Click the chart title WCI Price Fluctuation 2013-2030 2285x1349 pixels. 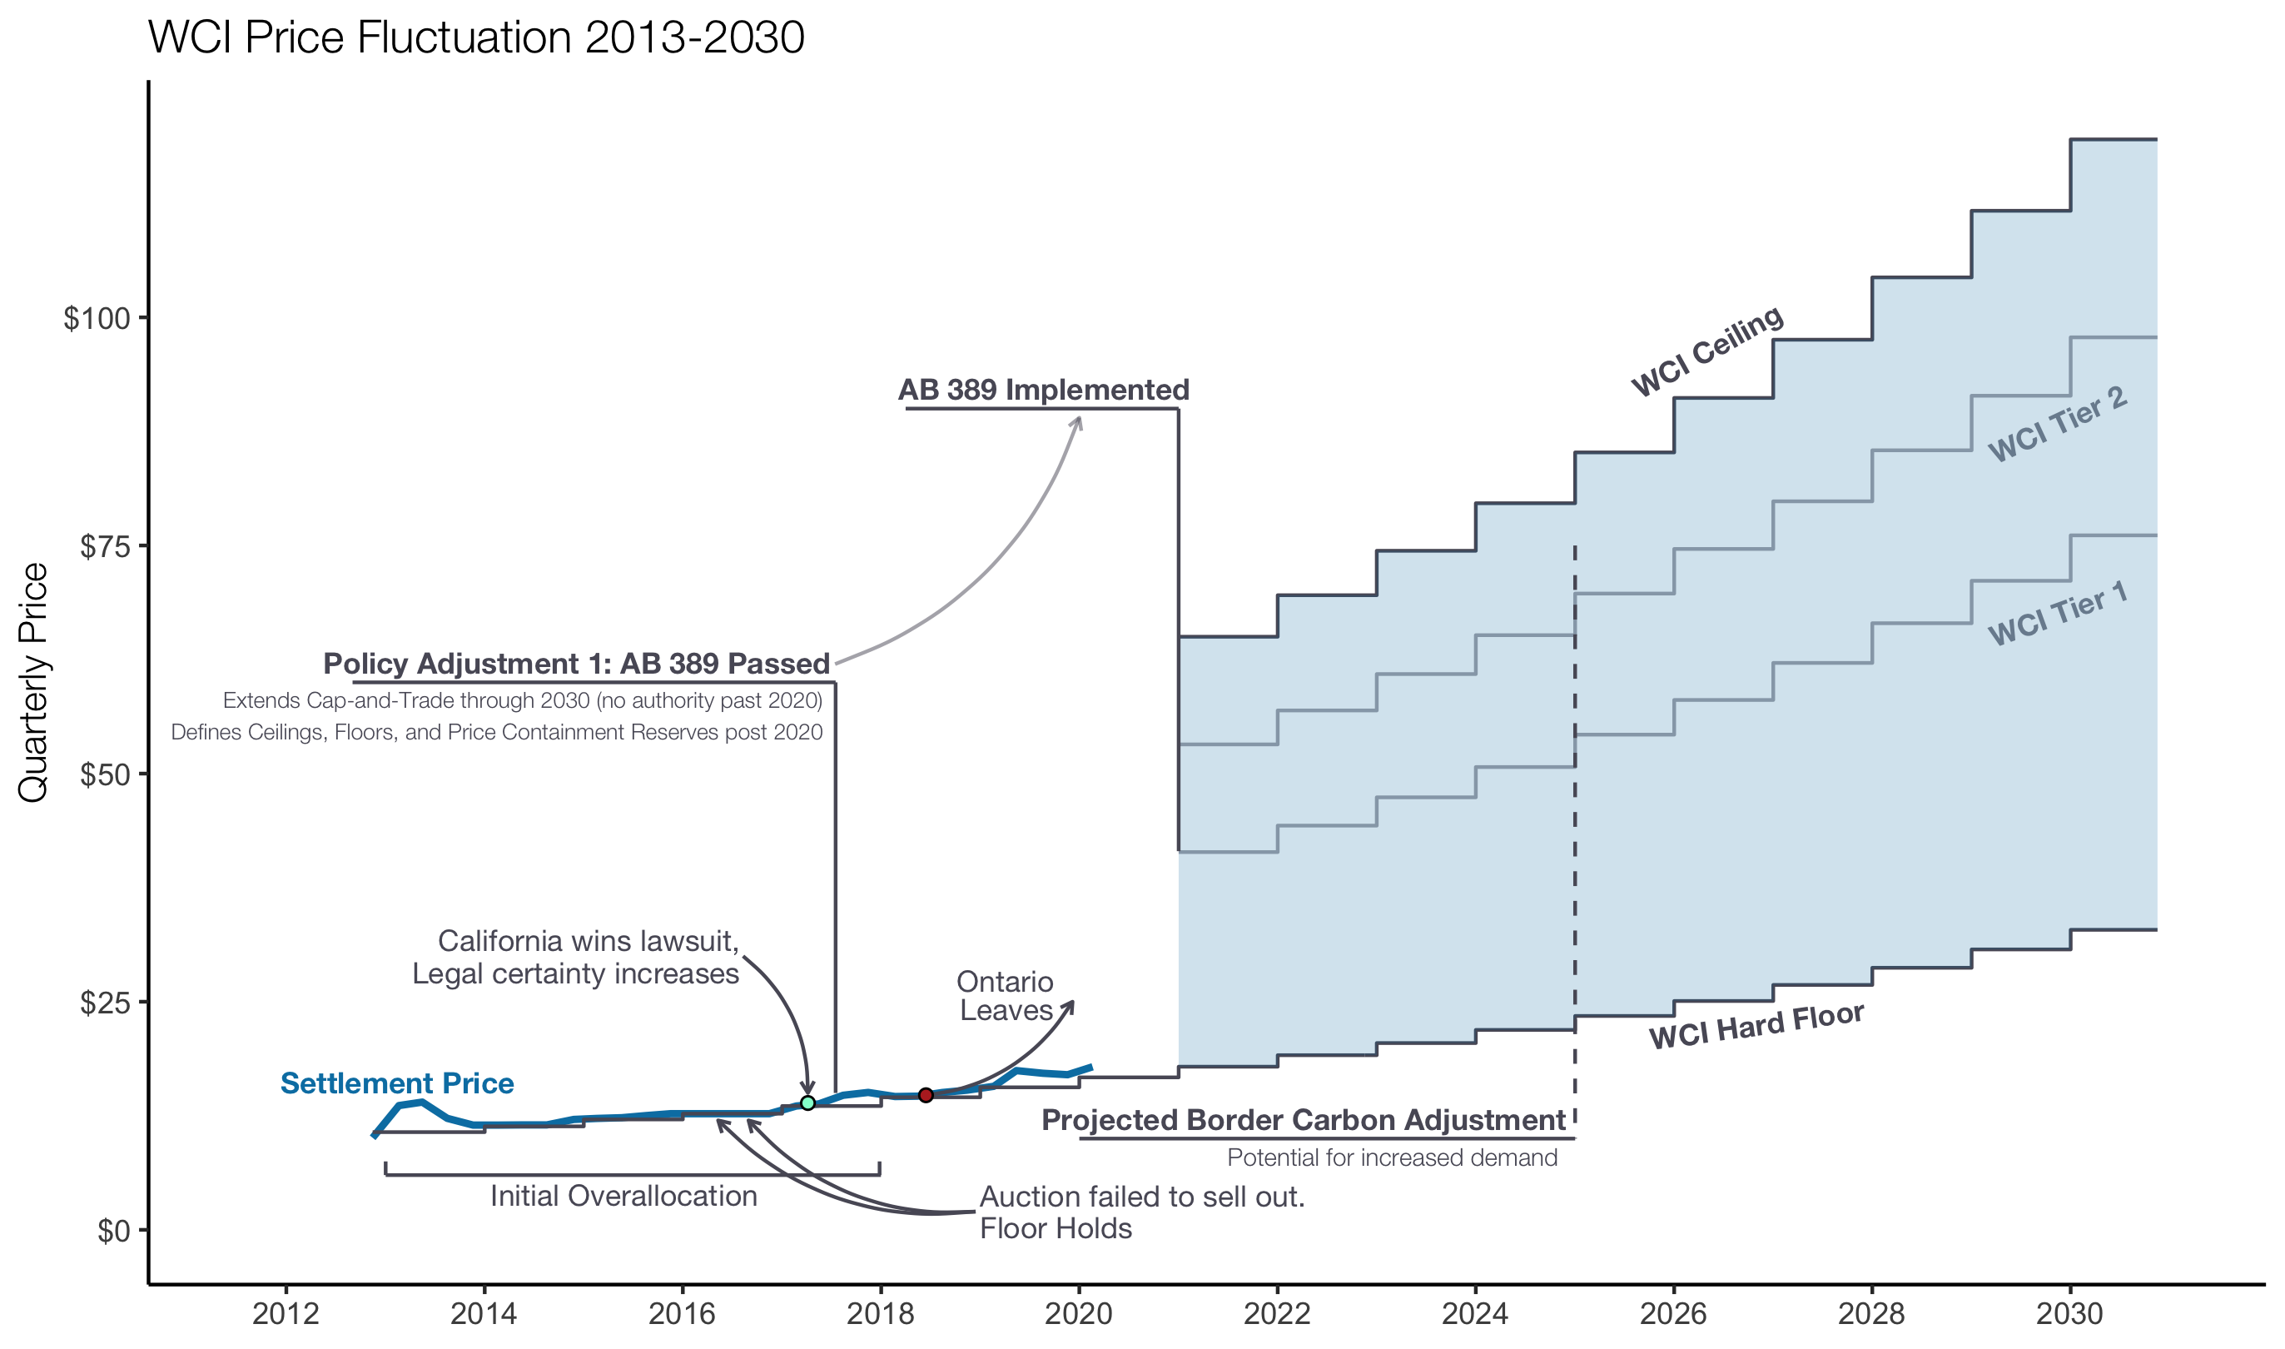pyautogui.click(x=476, y=38)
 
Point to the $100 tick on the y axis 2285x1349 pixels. pyautogui.click(x=97, y=319)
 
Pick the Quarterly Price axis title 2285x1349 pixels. pyautogui.click(x=33, y=683)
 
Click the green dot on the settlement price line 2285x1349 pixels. pyautogui.click(x=807, y=1103)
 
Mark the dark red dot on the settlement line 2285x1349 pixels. pyautogui.click(x=926, y=1095)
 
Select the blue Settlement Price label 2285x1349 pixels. pyautogui.click(x=397, y=1083)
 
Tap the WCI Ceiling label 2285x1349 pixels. pyautogui.click(x=1707, y=351)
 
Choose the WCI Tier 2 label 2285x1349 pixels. pyautogui.click(x=2057, y=425)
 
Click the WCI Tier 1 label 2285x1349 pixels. pyautogui.click(x=2057, y=614)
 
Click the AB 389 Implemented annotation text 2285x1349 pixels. pyautogui.click(x=1043, y=390)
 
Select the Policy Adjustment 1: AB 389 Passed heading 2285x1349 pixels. pyautogui.click(x=577, y=664)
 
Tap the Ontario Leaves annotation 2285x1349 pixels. pyautogui.click(x=1005, y=996)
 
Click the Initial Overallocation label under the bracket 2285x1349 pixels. pyautogui.click(x=623, y=1197)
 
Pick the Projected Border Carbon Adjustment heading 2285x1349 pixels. pyautogui.click(x=1304, y=1120)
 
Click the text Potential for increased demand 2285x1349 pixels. pyautogui.click(x=1392, y=1158)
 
